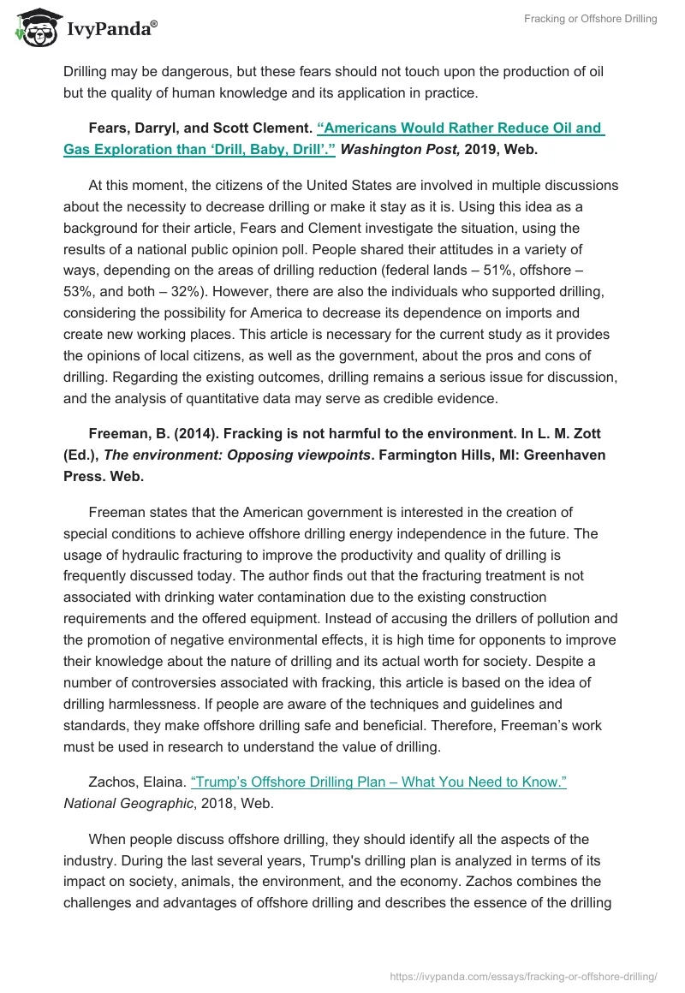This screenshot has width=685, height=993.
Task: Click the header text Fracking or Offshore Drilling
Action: [590, 19]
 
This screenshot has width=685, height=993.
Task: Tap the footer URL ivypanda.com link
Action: [523, 975]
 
